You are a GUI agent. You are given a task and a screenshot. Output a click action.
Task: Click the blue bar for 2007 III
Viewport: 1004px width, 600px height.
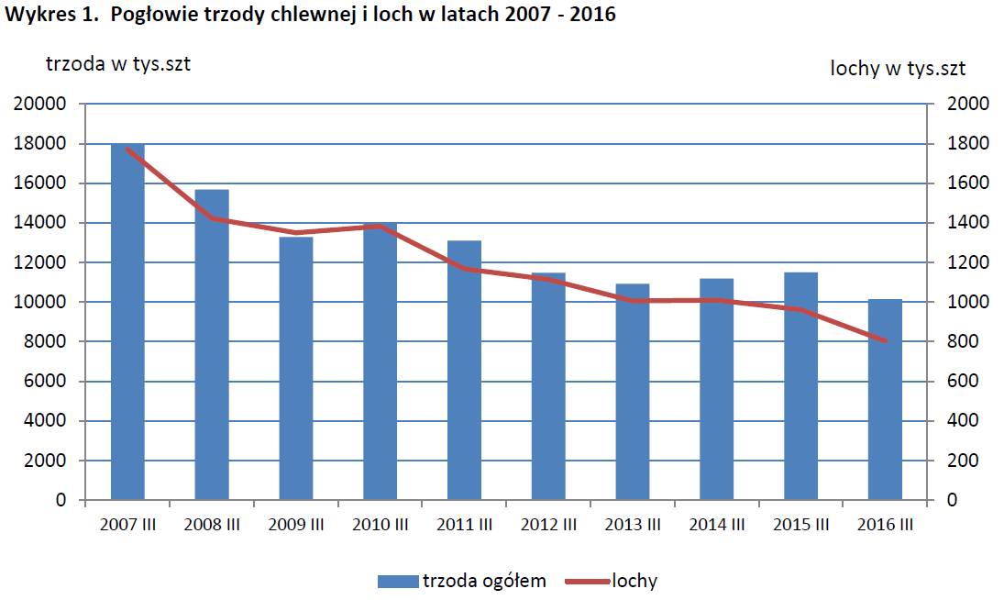click(x=127, y=321)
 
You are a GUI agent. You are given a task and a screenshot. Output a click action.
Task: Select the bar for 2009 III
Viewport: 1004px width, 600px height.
click(x=296, y=368)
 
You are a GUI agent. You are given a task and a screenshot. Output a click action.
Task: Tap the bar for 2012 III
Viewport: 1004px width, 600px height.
click(x=548, y=386)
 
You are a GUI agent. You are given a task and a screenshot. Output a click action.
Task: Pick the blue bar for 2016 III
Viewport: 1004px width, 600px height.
click(x=885, y=399)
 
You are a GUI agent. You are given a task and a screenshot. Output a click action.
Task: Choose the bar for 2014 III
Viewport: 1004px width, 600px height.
click(x=717, y=389)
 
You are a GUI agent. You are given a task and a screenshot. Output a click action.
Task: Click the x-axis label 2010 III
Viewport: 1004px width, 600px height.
click(x=380, y=525)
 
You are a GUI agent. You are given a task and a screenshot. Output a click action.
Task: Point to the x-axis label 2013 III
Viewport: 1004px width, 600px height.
click(x=633, y=525)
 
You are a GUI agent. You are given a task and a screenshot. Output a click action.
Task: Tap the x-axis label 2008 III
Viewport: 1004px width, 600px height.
click(x=212, y=525)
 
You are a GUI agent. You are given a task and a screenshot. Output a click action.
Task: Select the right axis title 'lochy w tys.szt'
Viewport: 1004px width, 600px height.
click(x=898, y=68)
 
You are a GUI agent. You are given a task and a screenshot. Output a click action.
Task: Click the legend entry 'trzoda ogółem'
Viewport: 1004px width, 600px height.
click(x=483, y=581)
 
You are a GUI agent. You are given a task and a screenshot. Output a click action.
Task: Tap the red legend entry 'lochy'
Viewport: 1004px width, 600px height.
click(x=634, y=581)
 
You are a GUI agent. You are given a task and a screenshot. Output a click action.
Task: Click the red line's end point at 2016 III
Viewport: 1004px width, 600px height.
click(x=885, y=341)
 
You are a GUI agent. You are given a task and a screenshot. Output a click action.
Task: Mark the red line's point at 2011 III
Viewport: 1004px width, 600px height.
click(x=464, y=269)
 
